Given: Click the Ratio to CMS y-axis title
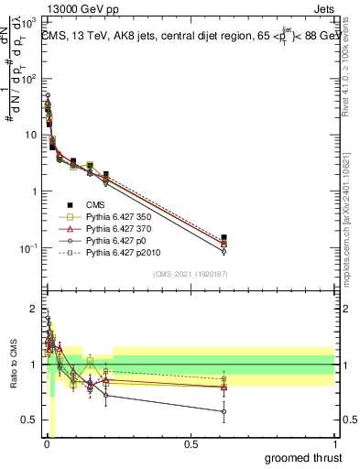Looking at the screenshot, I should (x=14, y=363).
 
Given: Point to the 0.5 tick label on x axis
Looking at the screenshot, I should (x=191, y=444).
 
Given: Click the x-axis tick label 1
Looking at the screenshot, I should (x=334, y=444).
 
